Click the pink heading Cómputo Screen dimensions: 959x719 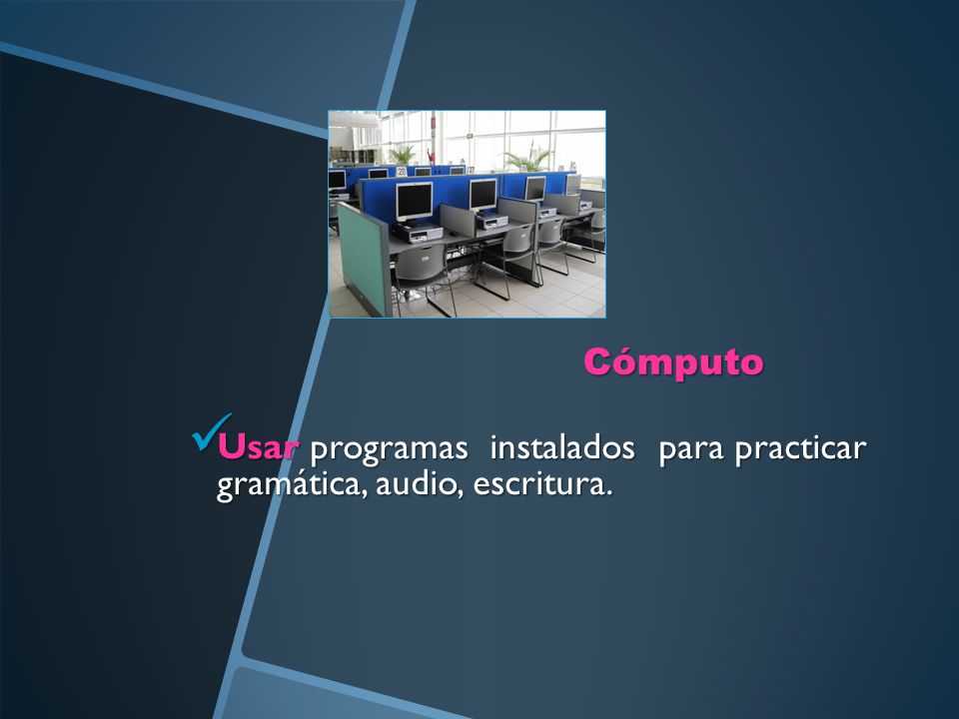(673, 361)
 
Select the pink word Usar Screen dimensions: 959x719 (258, 447)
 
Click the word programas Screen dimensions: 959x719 (389, 449)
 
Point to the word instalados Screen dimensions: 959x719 (562, 447)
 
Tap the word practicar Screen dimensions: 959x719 (800, 449)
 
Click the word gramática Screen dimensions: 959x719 (293, 485)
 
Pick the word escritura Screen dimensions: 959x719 (542, 483)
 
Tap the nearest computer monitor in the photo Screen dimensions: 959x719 (414, 201)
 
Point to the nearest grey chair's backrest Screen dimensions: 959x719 (421, 263)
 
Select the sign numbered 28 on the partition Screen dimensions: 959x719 (402, 171)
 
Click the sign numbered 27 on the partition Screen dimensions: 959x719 (471, 170)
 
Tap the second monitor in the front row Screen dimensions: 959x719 (483, 195)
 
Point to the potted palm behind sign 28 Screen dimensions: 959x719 (403, 154)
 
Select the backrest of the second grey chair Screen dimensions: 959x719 (519, 242)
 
